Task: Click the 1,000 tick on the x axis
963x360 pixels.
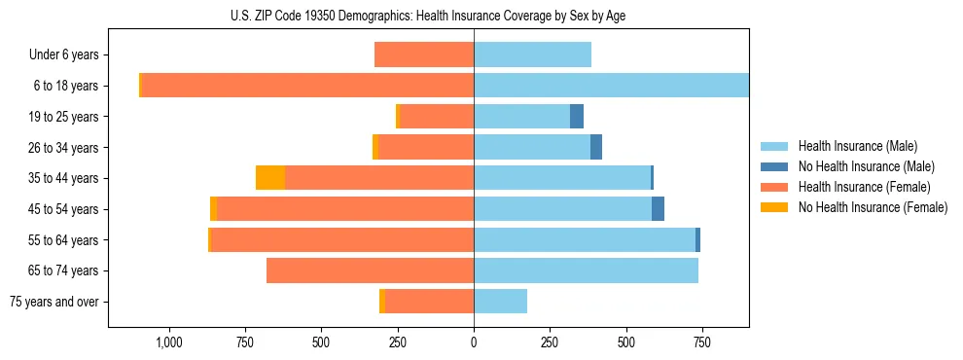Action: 169,342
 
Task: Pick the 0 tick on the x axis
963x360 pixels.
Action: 474,342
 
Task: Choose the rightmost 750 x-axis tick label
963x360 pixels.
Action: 701,342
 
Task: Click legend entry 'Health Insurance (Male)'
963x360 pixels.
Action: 857,146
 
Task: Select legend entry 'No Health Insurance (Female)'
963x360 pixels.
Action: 873,207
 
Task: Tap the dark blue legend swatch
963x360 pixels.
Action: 777,166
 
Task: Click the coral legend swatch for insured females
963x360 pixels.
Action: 777,187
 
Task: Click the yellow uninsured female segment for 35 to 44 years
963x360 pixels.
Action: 270,178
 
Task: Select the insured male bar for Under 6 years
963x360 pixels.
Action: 532,55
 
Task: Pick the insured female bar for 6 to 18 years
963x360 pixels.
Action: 307,86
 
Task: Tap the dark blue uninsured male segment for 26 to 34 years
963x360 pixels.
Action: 596,147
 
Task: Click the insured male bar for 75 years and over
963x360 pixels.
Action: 500,302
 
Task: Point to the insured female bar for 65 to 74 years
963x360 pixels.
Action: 370,270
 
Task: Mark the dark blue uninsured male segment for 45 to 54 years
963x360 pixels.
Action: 658,209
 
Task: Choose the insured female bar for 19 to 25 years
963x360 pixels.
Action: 437,117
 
